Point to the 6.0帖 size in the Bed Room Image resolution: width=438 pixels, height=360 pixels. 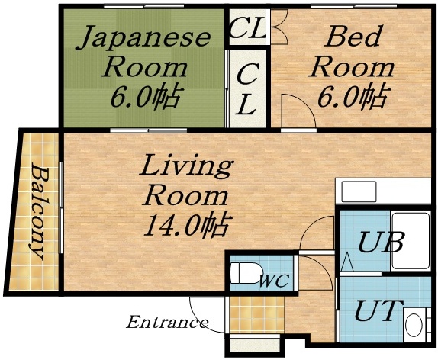tap(352, 96)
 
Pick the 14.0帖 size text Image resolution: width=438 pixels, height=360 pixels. tap(186, 226)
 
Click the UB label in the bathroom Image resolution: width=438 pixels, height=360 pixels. tap(381, 245)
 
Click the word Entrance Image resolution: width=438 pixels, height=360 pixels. tap(167, 323)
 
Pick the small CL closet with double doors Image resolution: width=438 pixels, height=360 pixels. tap(247, 29)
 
